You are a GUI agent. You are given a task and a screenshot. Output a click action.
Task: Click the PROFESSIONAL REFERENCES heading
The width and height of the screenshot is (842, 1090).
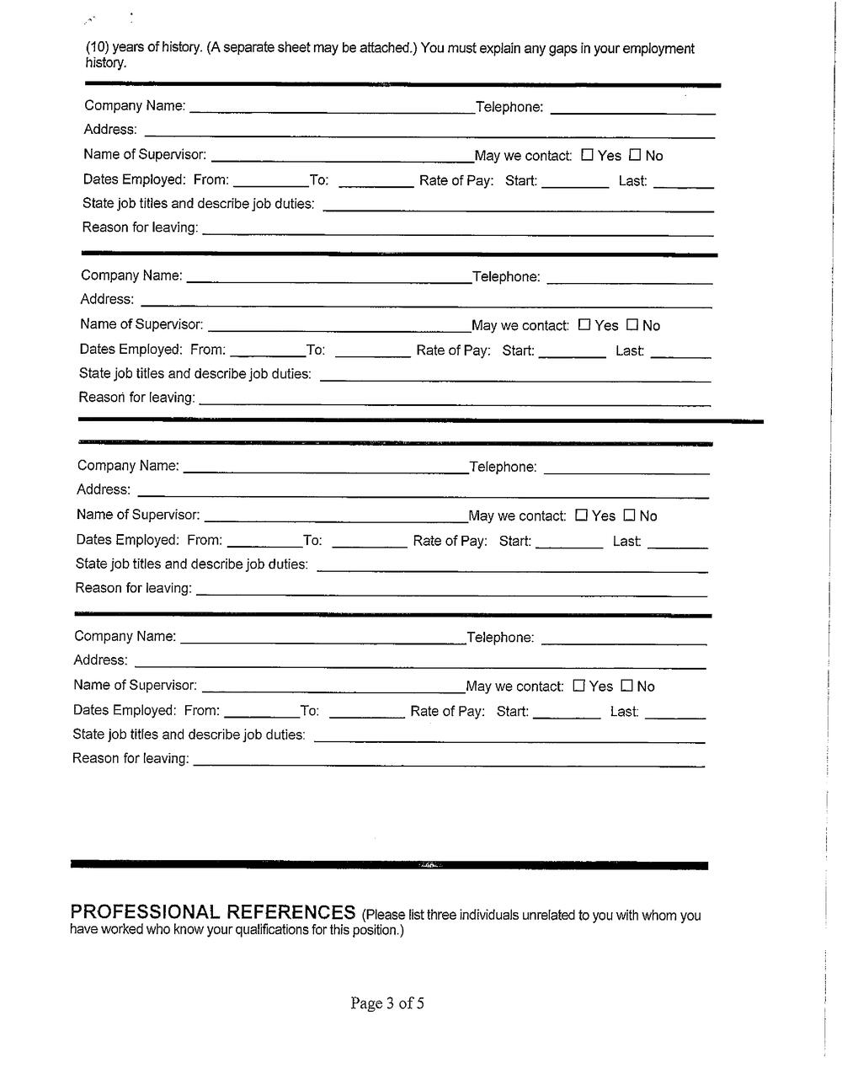pyautogui.click(x=212, y=912)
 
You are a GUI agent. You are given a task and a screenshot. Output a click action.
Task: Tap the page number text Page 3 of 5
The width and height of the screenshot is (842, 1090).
pyautogui.click(x=387, y=1003)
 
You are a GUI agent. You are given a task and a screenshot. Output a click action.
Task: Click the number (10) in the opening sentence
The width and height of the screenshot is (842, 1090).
pyautogui.click(x=97, y=48)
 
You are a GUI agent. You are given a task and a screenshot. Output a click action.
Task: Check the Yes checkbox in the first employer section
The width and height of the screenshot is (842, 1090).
pyautogui.click(x=588, y=155)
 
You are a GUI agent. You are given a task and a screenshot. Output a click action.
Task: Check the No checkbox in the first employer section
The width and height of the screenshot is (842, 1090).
pyautogui.click(x=635, y=155)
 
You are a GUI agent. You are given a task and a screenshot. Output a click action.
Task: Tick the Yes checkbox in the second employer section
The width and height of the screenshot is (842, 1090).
pyautogui.click(x=584, y=325)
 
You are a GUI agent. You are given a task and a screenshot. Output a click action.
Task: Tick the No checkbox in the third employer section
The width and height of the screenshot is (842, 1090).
pyautogui.click(x=629, y=515)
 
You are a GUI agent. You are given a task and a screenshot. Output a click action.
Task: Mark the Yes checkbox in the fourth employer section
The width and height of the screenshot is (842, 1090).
pyautogui.click(x=578, y=686)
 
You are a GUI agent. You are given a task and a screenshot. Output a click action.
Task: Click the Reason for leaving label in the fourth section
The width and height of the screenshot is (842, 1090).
pyautogui.click(x=131, y=759)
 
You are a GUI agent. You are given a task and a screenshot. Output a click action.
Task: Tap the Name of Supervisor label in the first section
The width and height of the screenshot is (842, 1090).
pyautogui.click(x=145, y=155)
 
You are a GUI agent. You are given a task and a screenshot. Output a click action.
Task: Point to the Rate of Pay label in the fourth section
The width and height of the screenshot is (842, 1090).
pyautogui.click(x=447, y=712)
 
